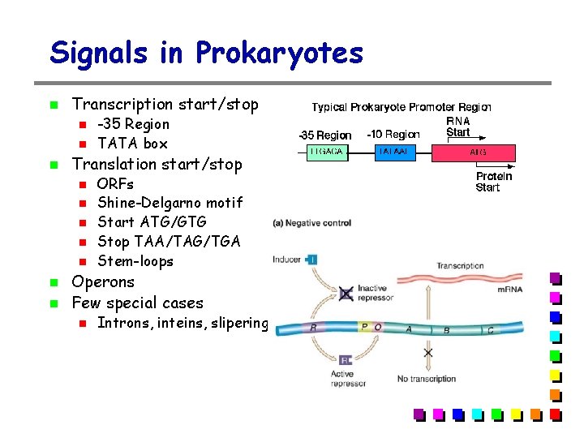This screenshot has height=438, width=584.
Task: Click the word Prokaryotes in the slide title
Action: [279, 54]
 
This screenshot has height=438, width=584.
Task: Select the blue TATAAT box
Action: [396, 152]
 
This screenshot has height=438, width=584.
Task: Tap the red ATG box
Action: [478, 152]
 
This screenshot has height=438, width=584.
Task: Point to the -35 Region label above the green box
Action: [325, 135]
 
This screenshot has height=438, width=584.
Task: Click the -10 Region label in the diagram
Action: [393, 135]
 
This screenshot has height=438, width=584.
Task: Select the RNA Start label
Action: [457, 127]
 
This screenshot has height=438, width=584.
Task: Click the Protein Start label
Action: [493, 182]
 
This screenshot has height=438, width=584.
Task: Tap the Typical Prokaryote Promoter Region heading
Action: [401, 107]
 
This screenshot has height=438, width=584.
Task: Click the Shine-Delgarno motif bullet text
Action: [170, 202]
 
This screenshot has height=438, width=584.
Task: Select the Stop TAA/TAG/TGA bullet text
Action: [169, 241]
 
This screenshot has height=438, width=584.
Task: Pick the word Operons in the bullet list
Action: [103, 281]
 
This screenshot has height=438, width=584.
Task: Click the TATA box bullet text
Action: [132, 144]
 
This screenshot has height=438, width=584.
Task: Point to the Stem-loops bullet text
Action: [135, 261]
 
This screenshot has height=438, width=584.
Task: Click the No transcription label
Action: [427, 379]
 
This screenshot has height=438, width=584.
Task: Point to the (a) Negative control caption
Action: [312, 223]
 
